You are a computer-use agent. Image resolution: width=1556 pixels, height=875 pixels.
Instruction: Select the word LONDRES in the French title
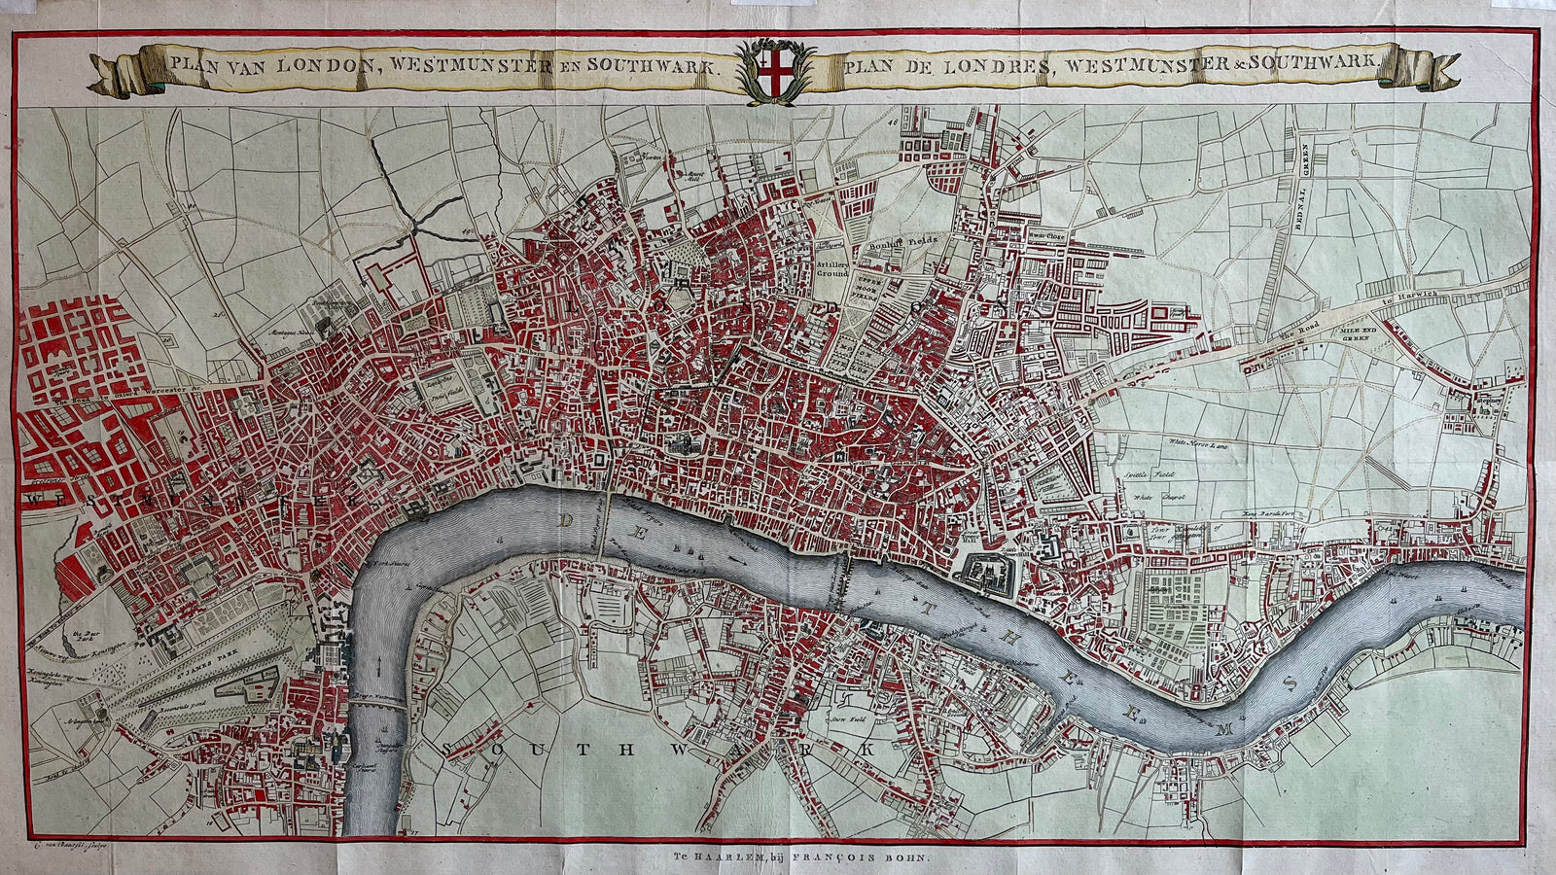(x=1007, y=66)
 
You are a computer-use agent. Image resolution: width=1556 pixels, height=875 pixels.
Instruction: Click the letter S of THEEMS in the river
(x=1291, y=684)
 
